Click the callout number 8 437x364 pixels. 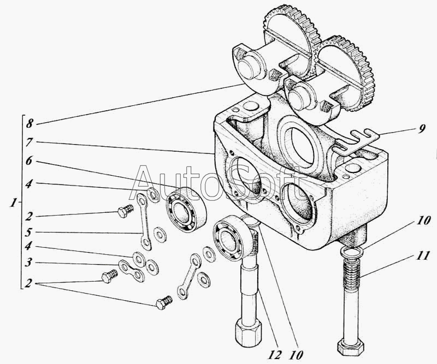click(x=29, y=123)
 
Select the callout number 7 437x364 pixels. click(x=29, y=142)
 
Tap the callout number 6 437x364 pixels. click(x=29, y=161)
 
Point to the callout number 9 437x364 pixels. click(x=422, y=128)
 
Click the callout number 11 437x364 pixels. click(x=422, y=255)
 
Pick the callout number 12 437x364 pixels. click(x=275, y=355)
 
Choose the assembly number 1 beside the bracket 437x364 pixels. click(x=13, y=203)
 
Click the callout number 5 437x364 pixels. click(x=29, y=232)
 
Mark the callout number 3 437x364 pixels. click(x=29, y=262)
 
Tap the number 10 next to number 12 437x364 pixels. click(x=296, y=355)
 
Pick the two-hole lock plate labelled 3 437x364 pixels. click(x=131, y=271)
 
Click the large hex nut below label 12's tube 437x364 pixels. click(x=248, y=333)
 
